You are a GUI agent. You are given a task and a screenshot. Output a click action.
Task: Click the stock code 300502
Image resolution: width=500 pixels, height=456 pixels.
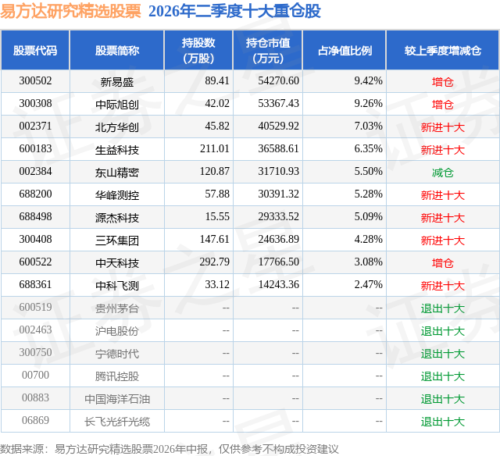pyautogui.click(x=35, y=81)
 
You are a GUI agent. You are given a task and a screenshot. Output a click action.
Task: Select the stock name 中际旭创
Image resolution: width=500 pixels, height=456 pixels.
pyautogui.click(x=117, y=104)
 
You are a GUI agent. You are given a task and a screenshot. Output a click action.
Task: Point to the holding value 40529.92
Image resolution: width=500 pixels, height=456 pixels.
pyautogui.click(x=278, y=126)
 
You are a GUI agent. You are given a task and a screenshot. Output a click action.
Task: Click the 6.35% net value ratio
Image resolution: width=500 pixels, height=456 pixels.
pyautogui.click(x=368, y=149)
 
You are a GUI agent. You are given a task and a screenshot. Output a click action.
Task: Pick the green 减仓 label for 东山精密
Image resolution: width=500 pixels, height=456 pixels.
pyautogui.click(x=443, y=173)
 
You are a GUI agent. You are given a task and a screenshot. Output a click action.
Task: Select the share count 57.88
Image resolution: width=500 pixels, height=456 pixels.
pyautogui.click(x=217, y=194)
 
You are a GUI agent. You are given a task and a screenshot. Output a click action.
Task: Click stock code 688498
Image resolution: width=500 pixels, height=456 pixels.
pyautogui.click(x=35, y=217)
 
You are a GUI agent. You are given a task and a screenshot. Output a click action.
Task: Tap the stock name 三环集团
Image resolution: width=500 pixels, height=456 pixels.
pyautogui.click(x=117, y=240)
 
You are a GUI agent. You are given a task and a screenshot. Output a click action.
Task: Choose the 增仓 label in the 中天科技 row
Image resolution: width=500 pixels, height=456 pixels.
pyautogui.click(x=443, y=263)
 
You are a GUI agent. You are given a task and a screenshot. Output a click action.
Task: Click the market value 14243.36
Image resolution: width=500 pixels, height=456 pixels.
pyautogui.click(x=278, y=284)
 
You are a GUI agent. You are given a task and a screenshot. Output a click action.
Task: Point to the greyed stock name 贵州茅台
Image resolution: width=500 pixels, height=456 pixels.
pyautogui.click(x=117, y=308)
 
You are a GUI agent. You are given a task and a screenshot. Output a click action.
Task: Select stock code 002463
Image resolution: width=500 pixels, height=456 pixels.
pyautogui.click(x=35, y=330)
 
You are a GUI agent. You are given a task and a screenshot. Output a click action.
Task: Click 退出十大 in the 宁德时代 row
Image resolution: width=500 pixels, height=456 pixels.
pyautogui.click(x=443, y=354)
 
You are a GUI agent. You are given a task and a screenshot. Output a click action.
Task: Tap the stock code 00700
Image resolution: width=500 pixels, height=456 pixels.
pyautogui.click(x=35, y=375)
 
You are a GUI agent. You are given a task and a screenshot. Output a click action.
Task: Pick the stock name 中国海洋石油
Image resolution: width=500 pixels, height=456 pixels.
pyautogui.click(x=117, y=399)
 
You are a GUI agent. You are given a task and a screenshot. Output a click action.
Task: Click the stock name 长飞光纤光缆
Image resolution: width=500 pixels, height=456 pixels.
pyautogui.click(x=117, y=422)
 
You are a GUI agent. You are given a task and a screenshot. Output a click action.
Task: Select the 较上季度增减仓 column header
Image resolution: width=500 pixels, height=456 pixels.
pyautogui.click(x=443, y=51)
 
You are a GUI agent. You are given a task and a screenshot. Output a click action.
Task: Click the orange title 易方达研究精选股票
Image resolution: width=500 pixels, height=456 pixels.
pyautogui.click(x=70, y=11)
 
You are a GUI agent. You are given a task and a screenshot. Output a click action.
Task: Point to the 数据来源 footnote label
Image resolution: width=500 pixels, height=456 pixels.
pyautogui.click(x=22, y=449)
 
